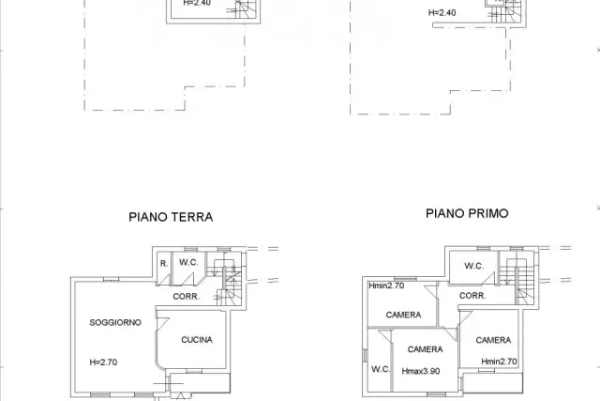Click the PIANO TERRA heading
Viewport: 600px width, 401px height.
[171, 217]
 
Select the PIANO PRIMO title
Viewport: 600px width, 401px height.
[467, 213]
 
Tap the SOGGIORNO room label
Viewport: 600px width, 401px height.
[115, 322]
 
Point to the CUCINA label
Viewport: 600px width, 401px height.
[197, 340]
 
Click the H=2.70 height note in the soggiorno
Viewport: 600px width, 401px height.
[103, 362]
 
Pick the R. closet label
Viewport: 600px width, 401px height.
[164, 264]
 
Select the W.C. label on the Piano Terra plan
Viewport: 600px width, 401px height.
[188, 263]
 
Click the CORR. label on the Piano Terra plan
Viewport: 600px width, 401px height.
[186, 297]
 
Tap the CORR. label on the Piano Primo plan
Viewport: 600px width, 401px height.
[472, 296]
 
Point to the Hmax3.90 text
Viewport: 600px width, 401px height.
[421, 371]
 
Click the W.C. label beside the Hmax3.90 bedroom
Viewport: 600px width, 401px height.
[381, 369]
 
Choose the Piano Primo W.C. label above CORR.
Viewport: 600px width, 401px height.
[474, 266]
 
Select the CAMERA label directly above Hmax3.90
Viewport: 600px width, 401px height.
[425, 349]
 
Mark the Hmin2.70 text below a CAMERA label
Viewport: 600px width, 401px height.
[499, 362]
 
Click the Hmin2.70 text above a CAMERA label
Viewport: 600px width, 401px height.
[386, 285]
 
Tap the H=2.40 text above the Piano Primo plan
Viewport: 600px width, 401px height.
[442, 12]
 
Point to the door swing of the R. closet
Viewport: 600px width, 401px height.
[164, 279]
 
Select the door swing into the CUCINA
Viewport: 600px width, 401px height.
[162, 324]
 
